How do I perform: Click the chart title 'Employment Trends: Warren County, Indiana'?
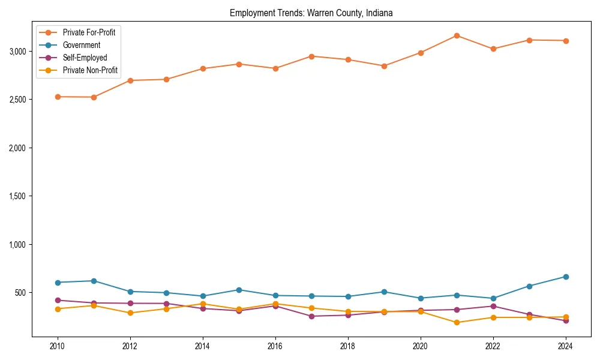click(x=311, y=13)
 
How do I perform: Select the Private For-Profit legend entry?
click(x=89, y=32)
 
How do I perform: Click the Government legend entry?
click(x=81, y=45)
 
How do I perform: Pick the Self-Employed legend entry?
click(x=85, y=58)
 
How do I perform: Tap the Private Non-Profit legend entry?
click(x=90, y=71)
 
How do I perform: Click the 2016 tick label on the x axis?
click(x=275, y=347)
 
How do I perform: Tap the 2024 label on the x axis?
click(x=566, y=347)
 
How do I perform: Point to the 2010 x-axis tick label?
click(x=58, y=347)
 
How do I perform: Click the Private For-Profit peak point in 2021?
click(x=457, y=35)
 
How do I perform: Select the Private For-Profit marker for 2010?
click(x=58, y=97)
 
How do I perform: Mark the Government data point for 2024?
click(x=566, y=277)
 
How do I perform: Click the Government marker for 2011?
click(x=94, y=281)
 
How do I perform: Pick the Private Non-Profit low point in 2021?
click(x=457, y=322)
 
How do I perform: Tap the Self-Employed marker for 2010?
click(x=58, y=300)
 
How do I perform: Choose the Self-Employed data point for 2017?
click(x=311, y=316)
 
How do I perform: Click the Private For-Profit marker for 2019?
click(x=384, y=66)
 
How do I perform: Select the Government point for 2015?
click(x=239, y=290)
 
